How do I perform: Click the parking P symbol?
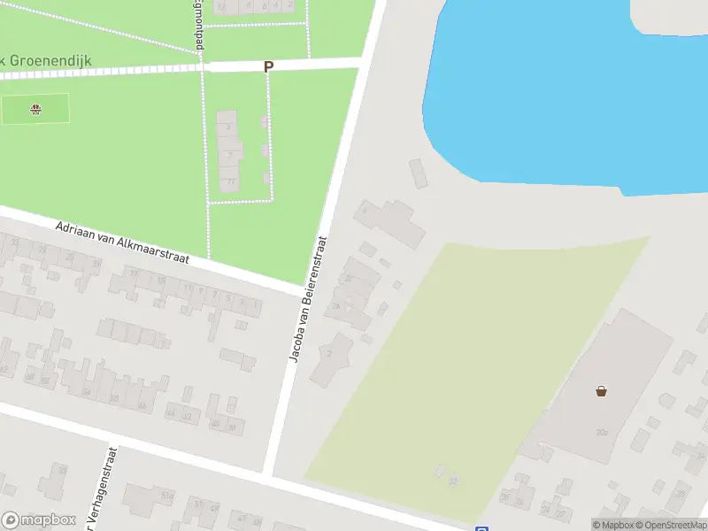(268, 66)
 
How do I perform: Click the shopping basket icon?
(602, 390)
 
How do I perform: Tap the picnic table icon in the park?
(35, 110)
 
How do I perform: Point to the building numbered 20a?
(602, 431)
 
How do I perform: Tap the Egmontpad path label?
(196, 27)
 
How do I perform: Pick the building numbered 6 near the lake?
(389, 221)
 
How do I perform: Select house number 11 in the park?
(230, 182)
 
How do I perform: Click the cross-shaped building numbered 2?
(330, 354)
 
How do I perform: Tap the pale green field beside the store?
(478, 363)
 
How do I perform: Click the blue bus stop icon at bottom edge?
(481, 527)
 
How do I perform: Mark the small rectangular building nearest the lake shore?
(419, 173)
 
